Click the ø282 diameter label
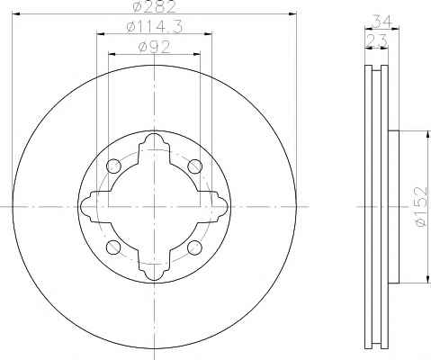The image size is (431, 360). (x=154, y=6)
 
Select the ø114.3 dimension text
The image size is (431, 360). (x=154, y=27)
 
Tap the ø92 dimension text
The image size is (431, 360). (x=154, y=48)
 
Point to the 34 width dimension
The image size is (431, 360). (x=382, y=22)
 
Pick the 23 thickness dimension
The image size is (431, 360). (x=376, y=40)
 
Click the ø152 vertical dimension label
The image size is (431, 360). (x=420, y=207)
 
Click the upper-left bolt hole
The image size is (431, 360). (x=113, y=166)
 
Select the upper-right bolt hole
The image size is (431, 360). (x=194, y=166)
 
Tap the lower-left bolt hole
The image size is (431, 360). (x=113, y=247)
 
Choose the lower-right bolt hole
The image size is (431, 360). (x=194, y=247)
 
